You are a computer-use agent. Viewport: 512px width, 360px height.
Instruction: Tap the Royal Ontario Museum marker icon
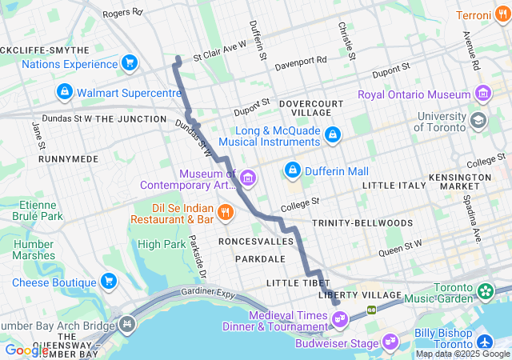pos(482,94)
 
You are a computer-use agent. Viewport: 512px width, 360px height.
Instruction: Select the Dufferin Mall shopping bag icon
pos(293,170)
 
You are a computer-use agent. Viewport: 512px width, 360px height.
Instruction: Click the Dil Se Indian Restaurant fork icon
pos(226,212)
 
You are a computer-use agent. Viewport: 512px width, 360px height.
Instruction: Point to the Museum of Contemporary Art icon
pos(247,177)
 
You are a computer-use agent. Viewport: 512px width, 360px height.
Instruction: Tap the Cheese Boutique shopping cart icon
pos(109,282)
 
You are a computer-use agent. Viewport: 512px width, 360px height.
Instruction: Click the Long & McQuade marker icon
pos(331,135)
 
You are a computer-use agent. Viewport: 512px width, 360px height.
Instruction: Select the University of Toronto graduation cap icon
pos(478,121)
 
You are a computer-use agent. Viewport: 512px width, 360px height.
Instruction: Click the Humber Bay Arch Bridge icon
pos(126,325)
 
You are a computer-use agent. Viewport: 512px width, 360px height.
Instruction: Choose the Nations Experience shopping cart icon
pos(129,63)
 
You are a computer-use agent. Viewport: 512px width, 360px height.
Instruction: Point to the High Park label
pos(161,244)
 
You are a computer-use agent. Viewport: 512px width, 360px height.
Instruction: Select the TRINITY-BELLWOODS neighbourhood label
pos(362,222)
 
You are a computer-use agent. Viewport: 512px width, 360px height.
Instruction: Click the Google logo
pos(26,350)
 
